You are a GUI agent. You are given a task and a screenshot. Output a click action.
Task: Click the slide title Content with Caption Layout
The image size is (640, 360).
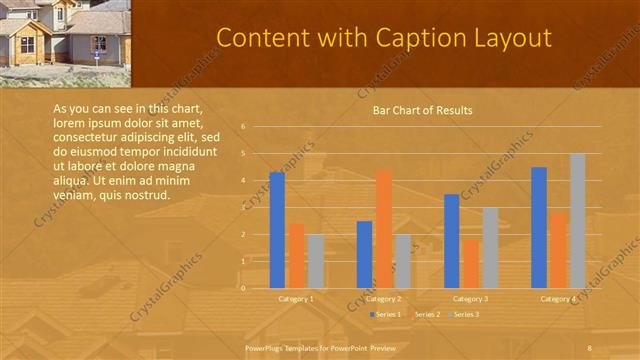(384, 38)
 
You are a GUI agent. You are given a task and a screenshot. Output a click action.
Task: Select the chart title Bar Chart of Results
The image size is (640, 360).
(422, 110)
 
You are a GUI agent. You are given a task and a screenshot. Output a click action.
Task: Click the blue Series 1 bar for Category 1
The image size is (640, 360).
(277, 230)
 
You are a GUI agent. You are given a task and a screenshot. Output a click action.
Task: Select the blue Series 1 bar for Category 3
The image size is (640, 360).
(452, 241)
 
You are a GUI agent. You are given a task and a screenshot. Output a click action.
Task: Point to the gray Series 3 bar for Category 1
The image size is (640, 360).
(315, 261)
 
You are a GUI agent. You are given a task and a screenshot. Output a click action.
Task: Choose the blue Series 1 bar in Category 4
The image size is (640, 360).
(539, 227)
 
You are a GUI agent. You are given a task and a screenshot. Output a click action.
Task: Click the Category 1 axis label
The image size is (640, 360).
(296, 298)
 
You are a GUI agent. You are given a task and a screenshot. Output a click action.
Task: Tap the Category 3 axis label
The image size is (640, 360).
(471, 298)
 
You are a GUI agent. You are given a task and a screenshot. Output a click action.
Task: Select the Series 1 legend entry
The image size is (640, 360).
(386, 314)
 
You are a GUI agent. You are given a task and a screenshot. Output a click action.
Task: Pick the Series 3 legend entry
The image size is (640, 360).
(464, 314)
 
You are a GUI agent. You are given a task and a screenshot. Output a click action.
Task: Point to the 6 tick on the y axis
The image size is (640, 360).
(243, 127)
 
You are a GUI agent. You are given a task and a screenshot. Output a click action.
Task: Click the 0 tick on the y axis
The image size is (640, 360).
(243, 288)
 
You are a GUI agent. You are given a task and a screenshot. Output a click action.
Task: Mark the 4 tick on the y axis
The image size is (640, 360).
(243, 181)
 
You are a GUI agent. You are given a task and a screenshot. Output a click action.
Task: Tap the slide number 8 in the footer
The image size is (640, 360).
(590, 347)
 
